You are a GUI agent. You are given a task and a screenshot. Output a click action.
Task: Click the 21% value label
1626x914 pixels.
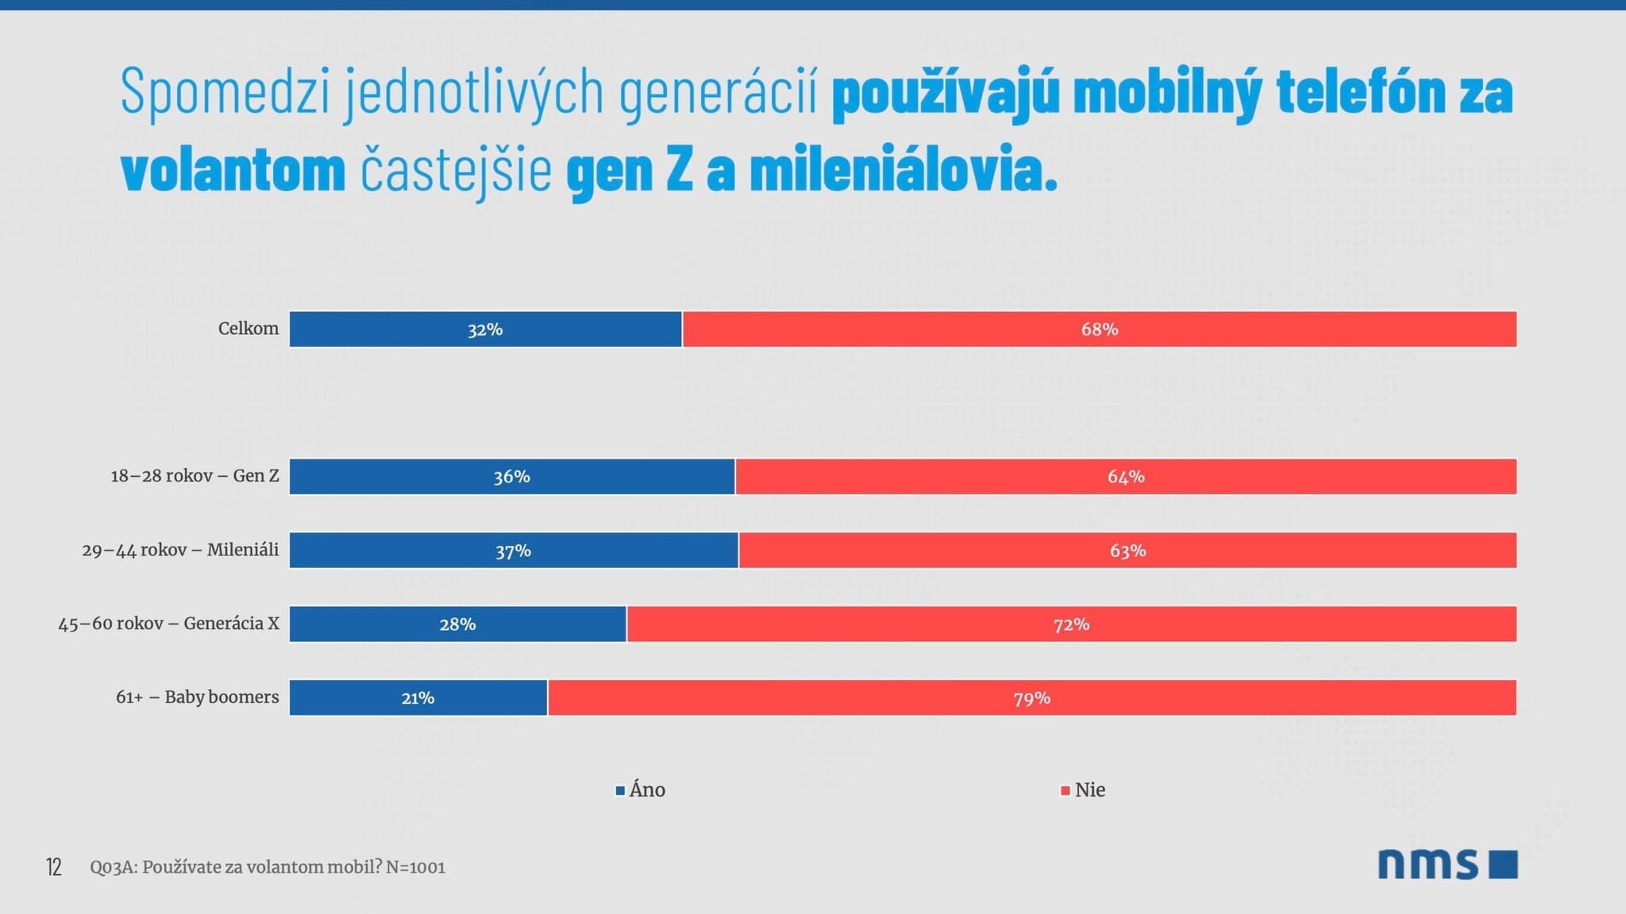coord(418,698)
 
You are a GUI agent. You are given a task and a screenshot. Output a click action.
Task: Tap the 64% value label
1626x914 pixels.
coord(1126,477)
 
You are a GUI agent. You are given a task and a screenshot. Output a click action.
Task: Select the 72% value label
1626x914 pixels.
coord(1071,624)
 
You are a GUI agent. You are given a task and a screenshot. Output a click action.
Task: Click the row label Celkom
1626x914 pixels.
coord(249,328)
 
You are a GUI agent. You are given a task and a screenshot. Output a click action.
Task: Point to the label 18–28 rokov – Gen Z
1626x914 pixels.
coord(195,476)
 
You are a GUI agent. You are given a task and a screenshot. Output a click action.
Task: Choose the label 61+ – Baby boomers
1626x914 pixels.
coord(197,697)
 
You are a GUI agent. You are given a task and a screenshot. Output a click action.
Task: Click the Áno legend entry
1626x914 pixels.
coord(641,790)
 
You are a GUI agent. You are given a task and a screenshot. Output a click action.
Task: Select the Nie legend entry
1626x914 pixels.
coord(1084,790)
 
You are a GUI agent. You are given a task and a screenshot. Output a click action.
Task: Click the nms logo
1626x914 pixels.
coord(1447,864)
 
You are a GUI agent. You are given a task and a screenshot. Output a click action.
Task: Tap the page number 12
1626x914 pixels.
coord(53,867)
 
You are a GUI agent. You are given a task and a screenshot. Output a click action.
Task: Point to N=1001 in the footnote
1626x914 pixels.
coord(415,867)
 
